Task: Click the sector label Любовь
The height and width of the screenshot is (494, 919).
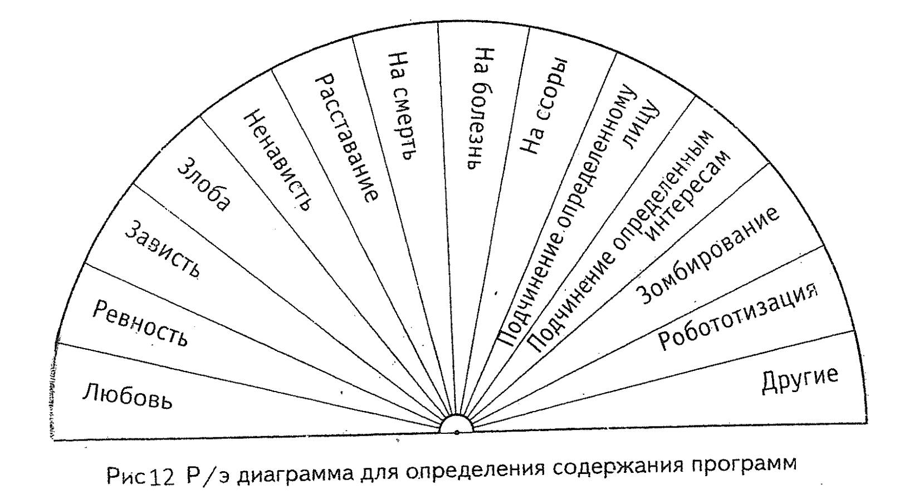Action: (x=128, y=396)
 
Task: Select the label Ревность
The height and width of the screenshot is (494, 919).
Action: (x=140, y=324)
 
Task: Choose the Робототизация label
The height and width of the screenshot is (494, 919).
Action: (x=739, y=317)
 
